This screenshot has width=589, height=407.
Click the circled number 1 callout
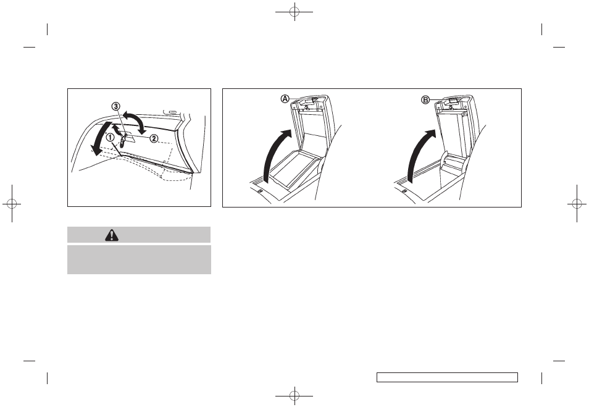coord(110,137)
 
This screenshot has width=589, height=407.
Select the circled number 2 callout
coord(154,138)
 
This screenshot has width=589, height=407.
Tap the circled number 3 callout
coord(115,106)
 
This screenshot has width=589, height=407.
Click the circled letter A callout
coord(285,99)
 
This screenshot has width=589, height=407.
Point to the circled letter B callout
coord(425,100)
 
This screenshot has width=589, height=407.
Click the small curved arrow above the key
coord(118,130)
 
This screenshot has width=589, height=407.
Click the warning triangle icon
coord(112,235)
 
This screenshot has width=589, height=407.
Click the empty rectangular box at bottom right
coord(447,377)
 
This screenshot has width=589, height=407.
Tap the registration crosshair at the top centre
coord(294,12)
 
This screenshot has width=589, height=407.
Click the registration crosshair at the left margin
coord(12,203)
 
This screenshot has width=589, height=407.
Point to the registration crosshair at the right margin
coord(577,203)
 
